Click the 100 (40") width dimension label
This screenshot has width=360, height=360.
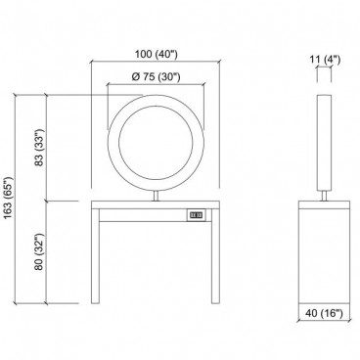click(x=157, y=54)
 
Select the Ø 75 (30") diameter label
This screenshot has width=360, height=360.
click(x=156, y=76)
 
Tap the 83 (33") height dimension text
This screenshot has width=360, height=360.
click(x=39, y=148)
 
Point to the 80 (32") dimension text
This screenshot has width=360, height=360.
click(x=39, y=251)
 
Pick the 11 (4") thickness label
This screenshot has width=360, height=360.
click(x=324, y=60)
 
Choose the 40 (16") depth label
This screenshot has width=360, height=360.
click(x=325, y=313)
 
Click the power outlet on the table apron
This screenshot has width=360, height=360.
click(x=197, y=215)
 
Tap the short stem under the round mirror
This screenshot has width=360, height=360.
click(x=157, y=196)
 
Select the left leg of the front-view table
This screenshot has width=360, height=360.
click(x=95, y=256)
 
